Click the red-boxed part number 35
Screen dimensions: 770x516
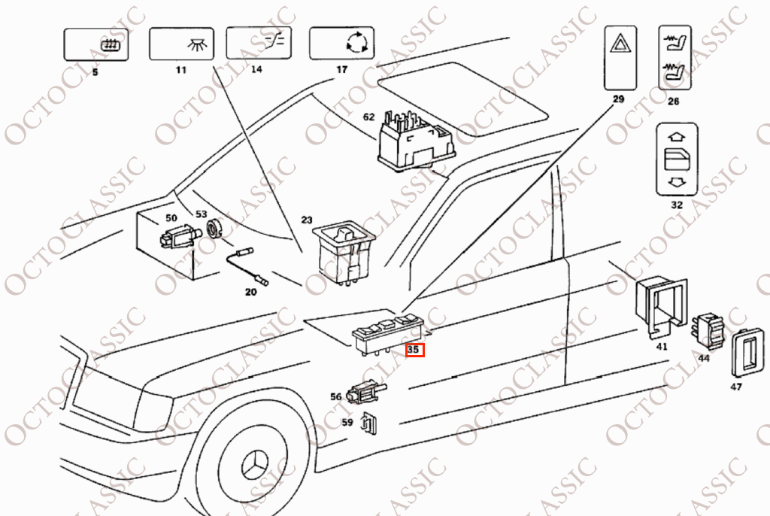414,350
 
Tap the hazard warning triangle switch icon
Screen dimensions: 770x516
620,58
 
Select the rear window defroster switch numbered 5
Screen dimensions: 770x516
96,44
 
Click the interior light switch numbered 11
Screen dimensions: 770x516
181,44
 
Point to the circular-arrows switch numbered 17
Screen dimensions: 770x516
342,43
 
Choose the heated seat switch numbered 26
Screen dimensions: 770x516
675,58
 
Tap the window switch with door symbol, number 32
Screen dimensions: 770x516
677,159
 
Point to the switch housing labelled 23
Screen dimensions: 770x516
344,252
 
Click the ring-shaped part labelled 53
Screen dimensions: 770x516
214,229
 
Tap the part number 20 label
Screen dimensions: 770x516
250,293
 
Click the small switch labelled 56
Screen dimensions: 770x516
366,392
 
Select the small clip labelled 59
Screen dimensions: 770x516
368,423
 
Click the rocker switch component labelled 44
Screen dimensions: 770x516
708,331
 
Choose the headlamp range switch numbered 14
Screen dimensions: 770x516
259,43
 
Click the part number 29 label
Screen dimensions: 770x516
618,99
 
